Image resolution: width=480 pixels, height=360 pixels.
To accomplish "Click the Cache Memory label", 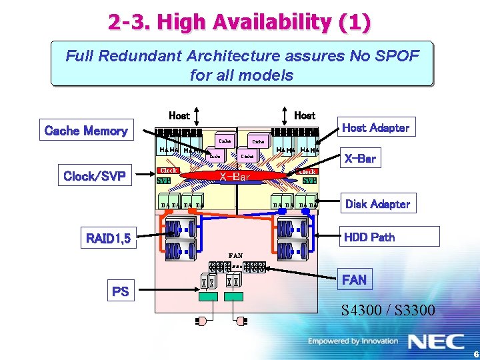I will [x=85, y=131].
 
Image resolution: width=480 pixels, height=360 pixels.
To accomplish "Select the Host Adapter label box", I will [x=375, y=127].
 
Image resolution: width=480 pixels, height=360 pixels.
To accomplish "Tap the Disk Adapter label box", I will [x=377, y=204].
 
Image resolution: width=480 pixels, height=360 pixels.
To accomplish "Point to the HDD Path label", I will [x=369, y=237].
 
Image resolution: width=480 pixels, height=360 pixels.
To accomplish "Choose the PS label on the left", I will [x=121, y=291].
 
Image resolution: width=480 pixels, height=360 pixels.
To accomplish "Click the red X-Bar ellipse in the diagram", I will [x=235, y=177].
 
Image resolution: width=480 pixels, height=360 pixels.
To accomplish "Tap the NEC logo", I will [x=436, y=341].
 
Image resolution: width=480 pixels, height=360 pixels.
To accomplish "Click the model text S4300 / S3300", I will [x=388, y=310].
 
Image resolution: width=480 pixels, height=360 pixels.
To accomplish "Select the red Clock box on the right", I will [x=307, y=171].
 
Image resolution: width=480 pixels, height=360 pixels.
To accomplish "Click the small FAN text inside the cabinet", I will [x=235, y=255].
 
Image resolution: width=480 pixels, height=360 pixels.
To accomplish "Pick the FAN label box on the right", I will [x=354, y=279].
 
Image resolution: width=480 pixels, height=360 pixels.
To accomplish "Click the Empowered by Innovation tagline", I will [x=353, y=341].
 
